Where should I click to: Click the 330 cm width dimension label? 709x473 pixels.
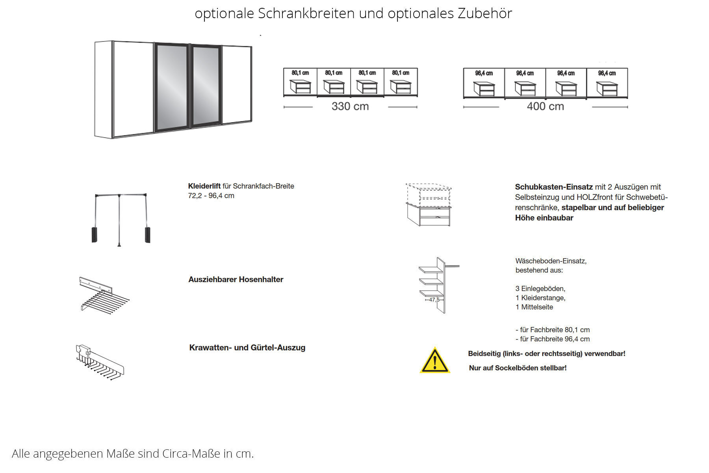pos(350,106)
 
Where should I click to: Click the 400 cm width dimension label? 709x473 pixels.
pos(545,106)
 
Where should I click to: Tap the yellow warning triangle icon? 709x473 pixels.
pos(435,361)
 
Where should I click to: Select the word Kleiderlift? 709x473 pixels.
pos(204,186)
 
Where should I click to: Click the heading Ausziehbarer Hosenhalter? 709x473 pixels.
pos(236,279)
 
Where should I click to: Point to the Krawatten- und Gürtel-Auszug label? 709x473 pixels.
pos(247,348)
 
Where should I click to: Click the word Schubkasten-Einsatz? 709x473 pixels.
pos(553,187)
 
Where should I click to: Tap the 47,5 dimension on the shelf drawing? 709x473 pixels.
pos(434,300)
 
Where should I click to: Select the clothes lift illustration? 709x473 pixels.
pos(121,219)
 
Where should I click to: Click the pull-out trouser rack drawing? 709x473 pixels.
pos(104,295)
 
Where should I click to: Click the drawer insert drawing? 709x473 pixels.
pos(429,205)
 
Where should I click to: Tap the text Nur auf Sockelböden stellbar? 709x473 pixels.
pos(518,368)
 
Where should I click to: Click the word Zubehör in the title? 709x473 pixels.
pos(484,13)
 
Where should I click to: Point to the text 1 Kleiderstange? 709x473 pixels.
pos(540,298)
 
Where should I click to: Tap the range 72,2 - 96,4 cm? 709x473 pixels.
pos(211,196)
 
